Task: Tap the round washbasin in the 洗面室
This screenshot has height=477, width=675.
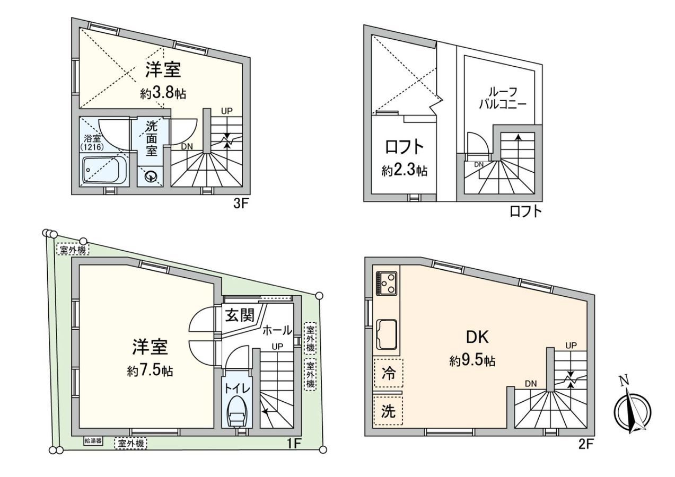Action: point(151,175)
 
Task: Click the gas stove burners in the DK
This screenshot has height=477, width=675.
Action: point(387,283)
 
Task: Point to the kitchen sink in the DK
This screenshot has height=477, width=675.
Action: point(387,334)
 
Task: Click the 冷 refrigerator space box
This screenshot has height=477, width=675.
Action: point(388,373)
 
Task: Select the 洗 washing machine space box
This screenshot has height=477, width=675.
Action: point(388,411)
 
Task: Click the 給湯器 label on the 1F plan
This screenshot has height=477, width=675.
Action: point(93,441)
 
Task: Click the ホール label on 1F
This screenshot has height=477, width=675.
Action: point(277,330)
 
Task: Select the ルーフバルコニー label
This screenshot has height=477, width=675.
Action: point(502,98)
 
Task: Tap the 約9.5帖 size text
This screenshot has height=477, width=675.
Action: point(472,361)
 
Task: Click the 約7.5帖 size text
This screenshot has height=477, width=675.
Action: point(150,370)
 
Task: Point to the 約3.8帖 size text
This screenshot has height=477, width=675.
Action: point(163,94)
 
